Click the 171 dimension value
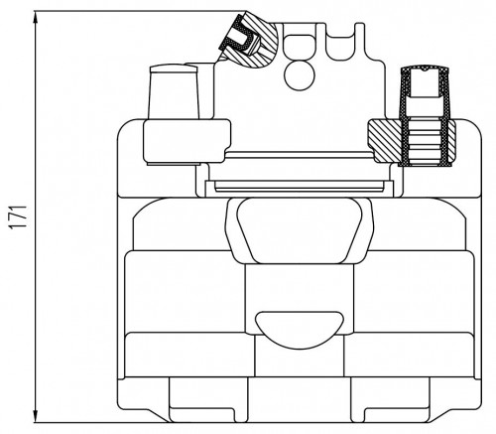[x=17, y=217]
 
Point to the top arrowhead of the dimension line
[x=36, y=18]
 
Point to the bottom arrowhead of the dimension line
[x=36, y=415]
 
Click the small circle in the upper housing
[x=300, y=75]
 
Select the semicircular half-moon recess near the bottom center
[x=300, y=330]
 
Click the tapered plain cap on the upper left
[x=174, y=91]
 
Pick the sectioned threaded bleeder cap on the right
[x=425, y=116]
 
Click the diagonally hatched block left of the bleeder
[x=385, y=141]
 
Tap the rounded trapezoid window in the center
[x=300, y=230]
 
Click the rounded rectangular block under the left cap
[x=186, y=141]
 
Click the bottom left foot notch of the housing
[x=202, y=414]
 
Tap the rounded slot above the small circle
[x=299, y=47]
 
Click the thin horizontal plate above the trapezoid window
[x=300, y=186]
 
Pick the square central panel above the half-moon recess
[x=300, y=298]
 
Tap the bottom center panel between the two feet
[x=300, y=399]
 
